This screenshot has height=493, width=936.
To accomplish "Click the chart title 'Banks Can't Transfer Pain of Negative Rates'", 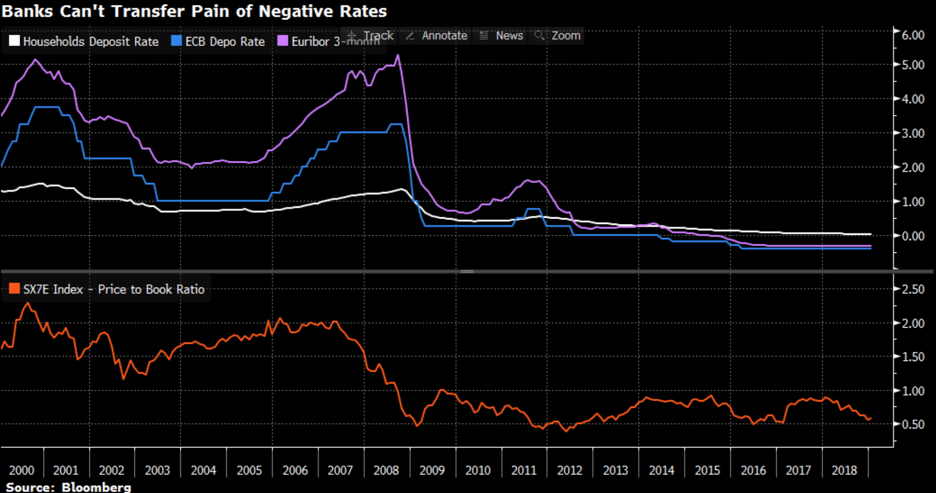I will (x=194, y=11).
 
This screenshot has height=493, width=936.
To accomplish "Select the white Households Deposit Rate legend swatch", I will (x=14, y=41).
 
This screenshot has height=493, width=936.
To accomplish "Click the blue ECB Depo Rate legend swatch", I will (x=176, y=41).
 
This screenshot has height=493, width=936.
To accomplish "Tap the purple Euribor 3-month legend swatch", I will (x=283, y=41).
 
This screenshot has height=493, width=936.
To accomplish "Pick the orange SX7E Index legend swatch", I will (x=14, y=289).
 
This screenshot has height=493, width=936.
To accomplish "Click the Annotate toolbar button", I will (x=436, y=36).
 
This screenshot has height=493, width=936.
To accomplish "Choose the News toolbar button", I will (x=501, y=36).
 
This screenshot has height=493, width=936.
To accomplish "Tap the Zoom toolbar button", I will (x=558, y=36).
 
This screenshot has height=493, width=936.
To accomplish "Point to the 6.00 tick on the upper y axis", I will (x=913, y=35).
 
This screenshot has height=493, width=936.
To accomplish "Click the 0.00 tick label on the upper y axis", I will (x=913, y=236).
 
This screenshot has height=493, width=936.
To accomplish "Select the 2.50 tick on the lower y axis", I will (x=913, y=289).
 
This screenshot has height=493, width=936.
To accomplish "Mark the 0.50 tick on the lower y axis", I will (x=913, y=425).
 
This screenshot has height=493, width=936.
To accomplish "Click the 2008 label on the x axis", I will (x=386, y=471).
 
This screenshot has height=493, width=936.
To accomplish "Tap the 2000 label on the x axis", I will (x=22, y=471).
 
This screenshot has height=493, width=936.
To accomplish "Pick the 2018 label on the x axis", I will (x=844, y=471).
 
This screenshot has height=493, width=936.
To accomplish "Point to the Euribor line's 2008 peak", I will (x=398, y=55).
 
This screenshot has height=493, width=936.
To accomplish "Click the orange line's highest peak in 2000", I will (x=27, y=303).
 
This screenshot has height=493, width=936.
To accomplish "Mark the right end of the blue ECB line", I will (x=871, y=248).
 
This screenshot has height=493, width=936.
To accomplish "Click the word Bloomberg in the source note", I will (x=96, y=487).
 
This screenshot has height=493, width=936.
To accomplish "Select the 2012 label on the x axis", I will (x=569, y=471).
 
